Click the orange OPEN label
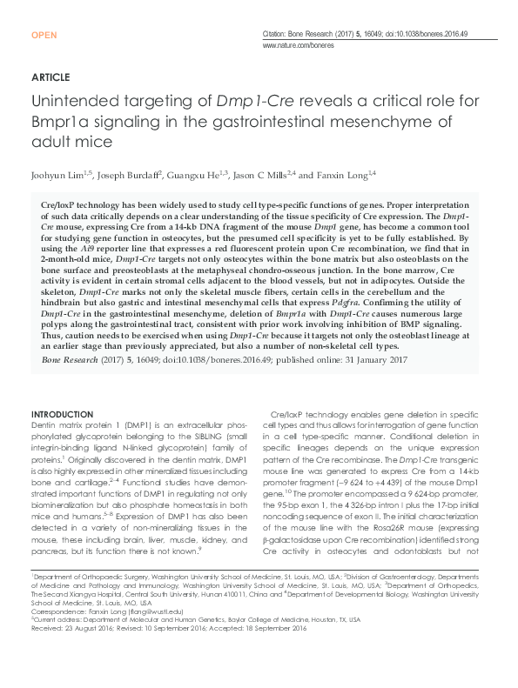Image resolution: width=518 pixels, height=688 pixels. coord(44,35)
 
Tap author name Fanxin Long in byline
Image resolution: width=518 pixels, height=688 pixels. coord(340,174)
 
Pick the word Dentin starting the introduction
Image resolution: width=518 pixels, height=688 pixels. coord(44,423)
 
